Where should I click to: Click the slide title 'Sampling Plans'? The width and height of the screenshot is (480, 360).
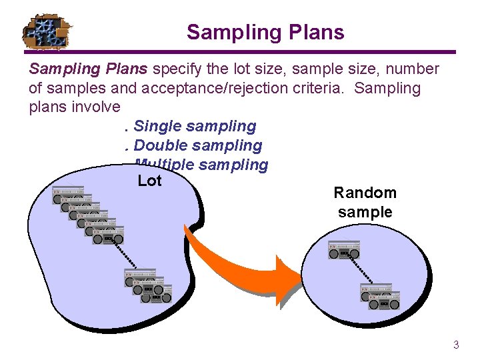(265, 32)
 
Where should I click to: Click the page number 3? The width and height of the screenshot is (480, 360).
(456, 345)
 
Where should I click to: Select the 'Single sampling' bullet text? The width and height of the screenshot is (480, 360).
(194, 126)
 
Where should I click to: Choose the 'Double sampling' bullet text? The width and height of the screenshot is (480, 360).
(197, 145)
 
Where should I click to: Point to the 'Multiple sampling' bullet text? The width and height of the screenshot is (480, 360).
(201, 165)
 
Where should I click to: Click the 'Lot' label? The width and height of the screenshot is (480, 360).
(149, 181)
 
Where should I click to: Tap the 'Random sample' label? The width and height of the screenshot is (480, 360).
(365, 203)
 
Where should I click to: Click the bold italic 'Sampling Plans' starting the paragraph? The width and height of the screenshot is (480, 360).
(90, 69)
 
